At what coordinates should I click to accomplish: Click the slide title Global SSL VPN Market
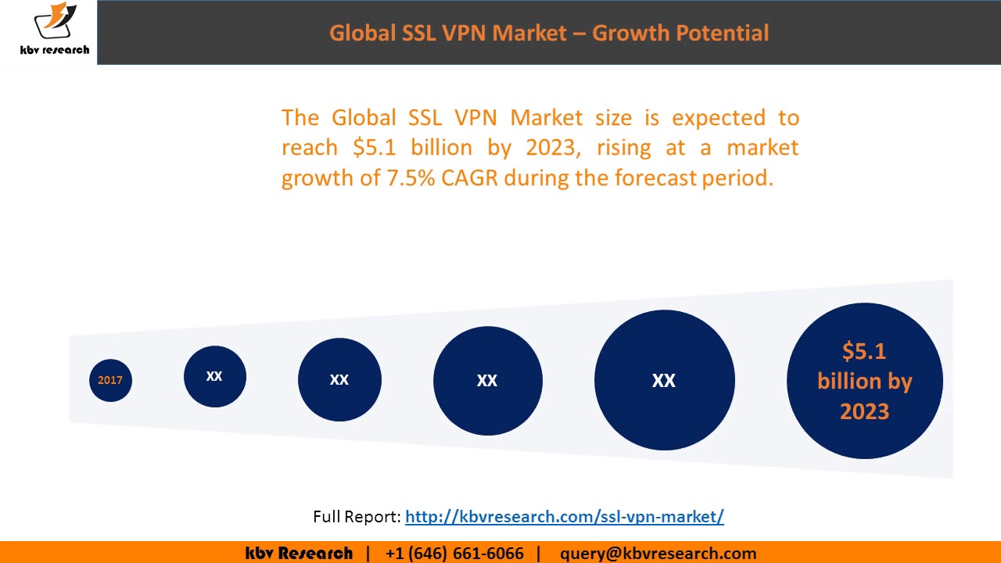pos(447,33)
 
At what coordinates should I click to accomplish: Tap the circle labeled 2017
pos(110,380)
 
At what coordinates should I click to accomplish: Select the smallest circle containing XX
pos(214,376)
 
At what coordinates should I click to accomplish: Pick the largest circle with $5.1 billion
pos(864,381)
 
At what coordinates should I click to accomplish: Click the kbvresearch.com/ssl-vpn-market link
pos(564,516)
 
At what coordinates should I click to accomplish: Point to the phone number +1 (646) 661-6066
pos(454,554)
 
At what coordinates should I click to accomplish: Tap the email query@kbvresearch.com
pos(658,554)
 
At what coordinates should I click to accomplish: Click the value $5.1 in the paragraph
pos(375,148)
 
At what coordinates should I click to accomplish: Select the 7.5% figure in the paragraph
pos(411,178)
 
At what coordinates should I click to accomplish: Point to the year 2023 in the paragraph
pos(553,148)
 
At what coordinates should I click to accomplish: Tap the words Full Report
pos(357,516)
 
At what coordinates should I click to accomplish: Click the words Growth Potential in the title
pos(680,33)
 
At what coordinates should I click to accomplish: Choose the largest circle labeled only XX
pos(664,380)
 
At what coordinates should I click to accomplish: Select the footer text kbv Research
pos(299,554)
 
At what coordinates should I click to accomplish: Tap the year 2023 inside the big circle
pos(864,411)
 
